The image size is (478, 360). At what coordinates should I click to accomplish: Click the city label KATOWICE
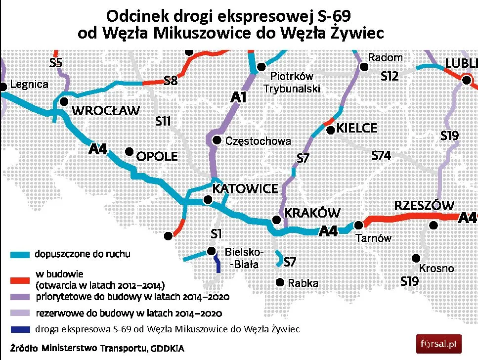point(245,189)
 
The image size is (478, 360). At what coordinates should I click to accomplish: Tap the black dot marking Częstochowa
point(217,141)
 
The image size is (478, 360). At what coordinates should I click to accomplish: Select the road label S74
point(381,156)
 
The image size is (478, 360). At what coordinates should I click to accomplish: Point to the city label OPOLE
point(157,157)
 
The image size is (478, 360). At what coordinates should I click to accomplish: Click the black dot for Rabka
point(280,283)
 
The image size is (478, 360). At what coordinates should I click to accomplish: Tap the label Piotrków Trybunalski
point(292,83)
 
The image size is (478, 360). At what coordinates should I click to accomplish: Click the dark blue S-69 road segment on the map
point(217,263)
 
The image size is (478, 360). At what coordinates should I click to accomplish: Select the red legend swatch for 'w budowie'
point(21,280)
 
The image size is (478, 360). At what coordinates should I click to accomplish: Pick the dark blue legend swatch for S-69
point(21,329)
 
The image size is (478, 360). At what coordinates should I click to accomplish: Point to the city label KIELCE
point(357,129)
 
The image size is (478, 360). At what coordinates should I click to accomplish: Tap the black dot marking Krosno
point(417,258)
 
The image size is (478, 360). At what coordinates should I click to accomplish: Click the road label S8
point(171,81)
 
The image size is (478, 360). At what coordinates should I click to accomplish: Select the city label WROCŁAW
point(106,110)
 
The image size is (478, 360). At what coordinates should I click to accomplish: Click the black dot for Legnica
point(3,87)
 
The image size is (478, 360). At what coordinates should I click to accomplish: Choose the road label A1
point(238,98)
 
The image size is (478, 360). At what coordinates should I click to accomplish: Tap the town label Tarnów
point(374,238)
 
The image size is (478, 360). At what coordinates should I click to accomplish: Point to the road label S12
point(390,77)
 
